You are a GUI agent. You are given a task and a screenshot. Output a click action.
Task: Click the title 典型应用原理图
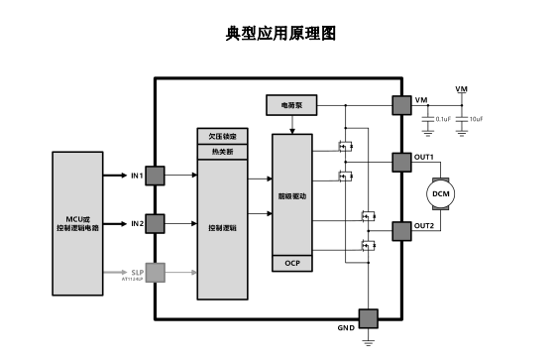[x=281, y=34]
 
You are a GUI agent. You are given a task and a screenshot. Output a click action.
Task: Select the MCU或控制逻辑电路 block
[x=78, y=221]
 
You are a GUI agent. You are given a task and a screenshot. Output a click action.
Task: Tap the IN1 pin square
[x=155, y=176]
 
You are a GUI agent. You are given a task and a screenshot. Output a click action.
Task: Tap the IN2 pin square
[x=155, y=223]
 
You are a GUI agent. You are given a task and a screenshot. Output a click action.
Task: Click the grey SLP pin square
[x=155, y=271]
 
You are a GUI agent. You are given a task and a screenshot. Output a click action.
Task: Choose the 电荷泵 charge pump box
[x=291, y=104]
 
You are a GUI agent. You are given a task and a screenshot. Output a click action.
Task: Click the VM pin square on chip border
[x=401, y=104]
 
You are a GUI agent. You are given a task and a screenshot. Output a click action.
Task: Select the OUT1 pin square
[x=401, y=162]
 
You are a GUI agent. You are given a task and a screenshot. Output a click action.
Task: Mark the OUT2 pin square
[x=401, y=231]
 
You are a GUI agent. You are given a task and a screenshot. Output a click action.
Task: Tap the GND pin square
[x=369, y=317]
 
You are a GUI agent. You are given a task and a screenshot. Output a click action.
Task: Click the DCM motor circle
[x=440, y=194]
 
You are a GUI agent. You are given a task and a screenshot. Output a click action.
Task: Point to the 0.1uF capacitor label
[x=443, y=119]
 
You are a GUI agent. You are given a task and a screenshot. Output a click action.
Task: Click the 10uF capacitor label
[x=477, y=119]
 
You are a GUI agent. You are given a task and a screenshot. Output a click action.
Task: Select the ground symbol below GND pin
[x=369, y=341]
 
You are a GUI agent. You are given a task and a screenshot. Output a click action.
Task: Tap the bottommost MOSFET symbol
[x=368, y=246]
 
